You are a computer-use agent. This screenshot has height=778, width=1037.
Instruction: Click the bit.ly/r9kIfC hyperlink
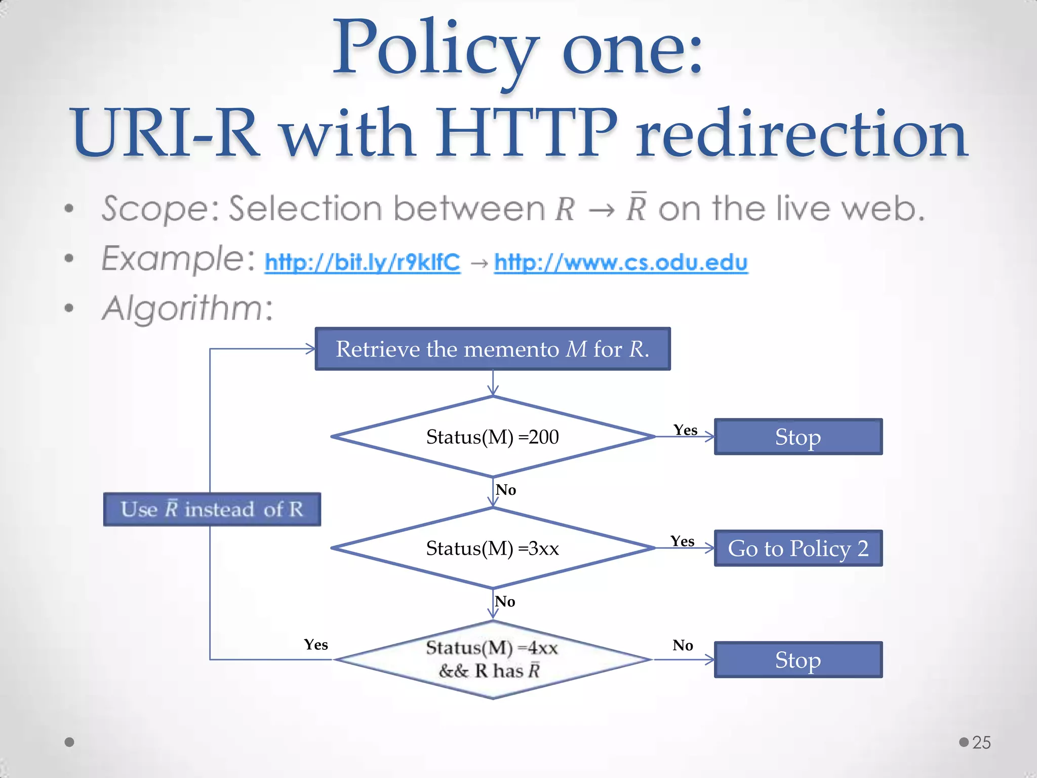pos(362,262)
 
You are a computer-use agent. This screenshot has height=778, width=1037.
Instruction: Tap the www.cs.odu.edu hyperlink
pos(621,262)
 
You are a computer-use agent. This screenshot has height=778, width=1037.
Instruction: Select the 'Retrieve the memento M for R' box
pos(493,349)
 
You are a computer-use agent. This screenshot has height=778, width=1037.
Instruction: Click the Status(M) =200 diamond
pos(493,437)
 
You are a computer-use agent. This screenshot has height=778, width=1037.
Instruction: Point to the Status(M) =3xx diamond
pos(493,548)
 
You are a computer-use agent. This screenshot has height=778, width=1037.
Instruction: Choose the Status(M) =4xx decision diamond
pos(493,659)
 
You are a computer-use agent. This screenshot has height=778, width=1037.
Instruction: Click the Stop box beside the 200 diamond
pos(798,437)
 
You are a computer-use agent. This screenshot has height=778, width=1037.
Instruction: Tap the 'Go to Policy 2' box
pos(798,548)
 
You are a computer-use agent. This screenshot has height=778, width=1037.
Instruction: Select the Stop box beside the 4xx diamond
pos(798,659)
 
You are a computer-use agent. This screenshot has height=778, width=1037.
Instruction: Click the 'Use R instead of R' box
pos(212,509)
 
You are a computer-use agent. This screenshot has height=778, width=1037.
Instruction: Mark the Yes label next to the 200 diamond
pos(685,430)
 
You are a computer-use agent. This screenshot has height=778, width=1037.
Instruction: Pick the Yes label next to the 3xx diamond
pos(682,541)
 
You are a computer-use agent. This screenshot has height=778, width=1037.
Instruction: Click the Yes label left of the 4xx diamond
pos(316,644)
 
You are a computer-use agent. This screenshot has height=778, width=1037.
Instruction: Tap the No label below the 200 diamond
pos(506,490)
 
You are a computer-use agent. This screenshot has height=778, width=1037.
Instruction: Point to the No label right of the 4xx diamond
pos(683,645)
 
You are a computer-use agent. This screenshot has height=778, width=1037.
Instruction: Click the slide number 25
pos(981,742)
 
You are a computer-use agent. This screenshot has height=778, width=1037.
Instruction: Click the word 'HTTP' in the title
pos(527,133)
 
